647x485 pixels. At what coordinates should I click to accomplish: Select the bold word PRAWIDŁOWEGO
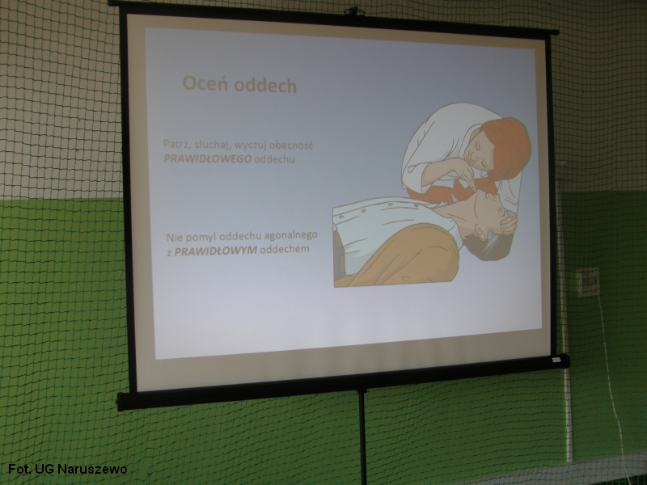click(x=207, y=158)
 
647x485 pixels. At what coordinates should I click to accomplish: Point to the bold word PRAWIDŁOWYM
click(x=215, y=251)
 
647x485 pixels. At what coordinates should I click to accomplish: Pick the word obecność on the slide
click(x=293, y=145)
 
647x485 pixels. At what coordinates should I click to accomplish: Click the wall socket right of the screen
click(x=588, y=281)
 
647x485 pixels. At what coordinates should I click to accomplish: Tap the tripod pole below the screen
click(x=362, y=437)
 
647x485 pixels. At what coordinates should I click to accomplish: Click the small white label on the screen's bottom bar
click(x=556, y=360)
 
